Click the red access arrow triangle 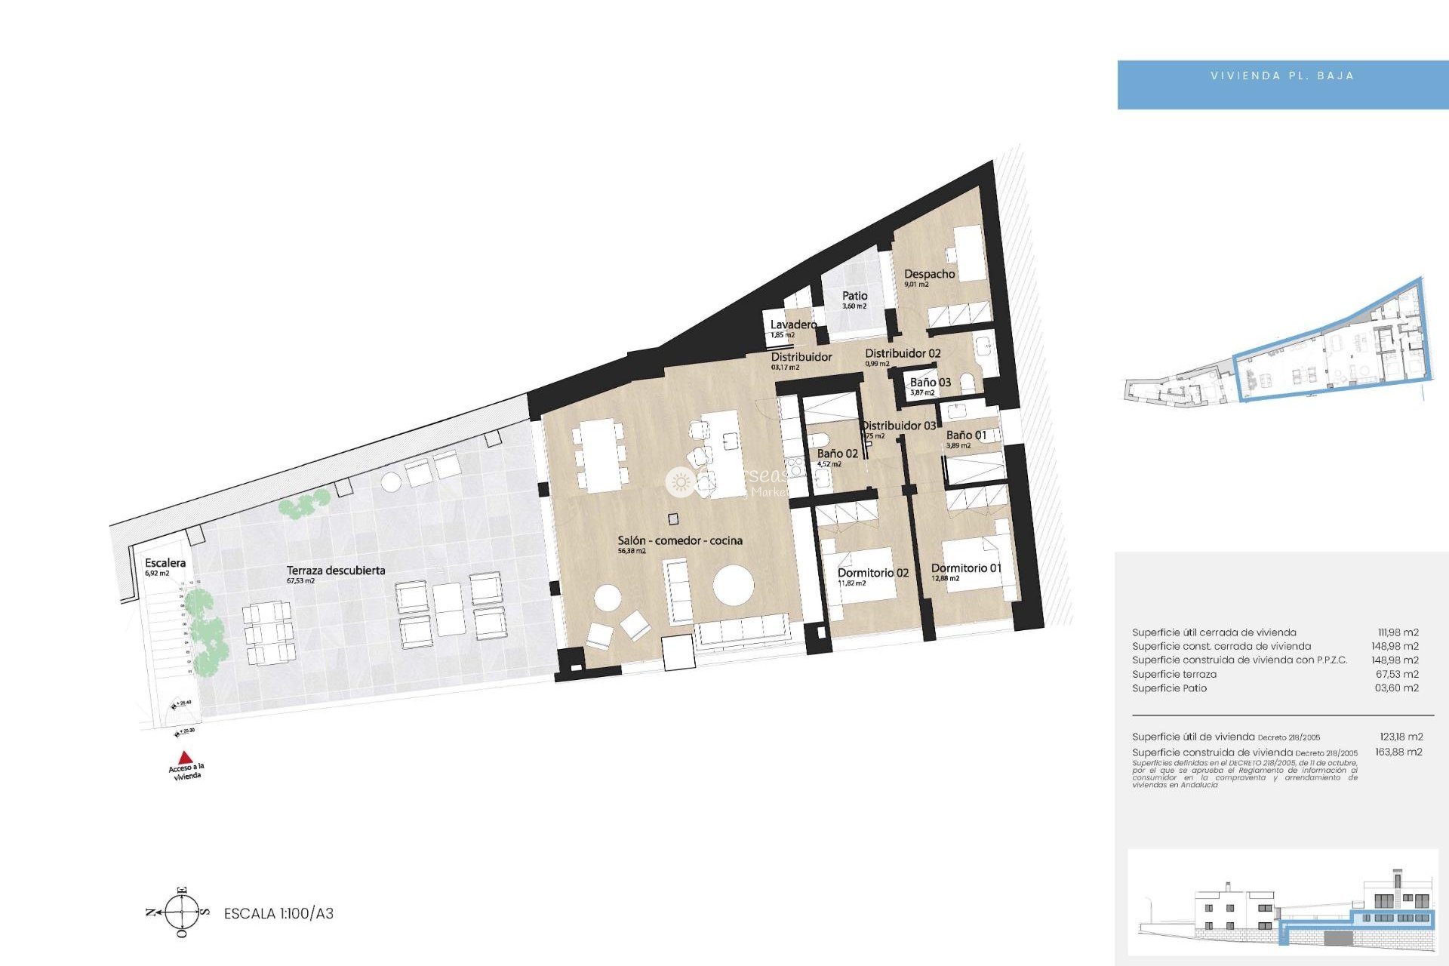click(185, 757)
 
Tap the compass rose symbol click(182, 912)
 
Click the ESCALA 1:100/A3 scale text click(278, 913)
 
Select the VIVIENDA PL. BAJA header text click(1282, 75)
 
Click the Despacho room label click(929, 274)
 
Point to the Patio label click(854, 296)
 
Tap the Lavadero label click(793, 325)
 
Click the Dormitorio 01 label click(966, 568)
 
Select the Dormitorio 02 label click(872, 573)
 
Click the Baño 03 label click(930, 383)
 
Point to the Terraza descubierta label click(335, 571)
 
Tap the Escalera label click(165, 563)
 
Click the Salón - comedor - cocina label click(679, 540)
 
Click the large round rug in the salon click(733, 586)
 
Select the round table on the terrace click(391, 481)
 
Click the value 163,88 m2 click(1398, 752)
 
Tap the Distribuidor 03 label click(898, 426)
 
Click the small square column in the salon click(673, 518)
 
